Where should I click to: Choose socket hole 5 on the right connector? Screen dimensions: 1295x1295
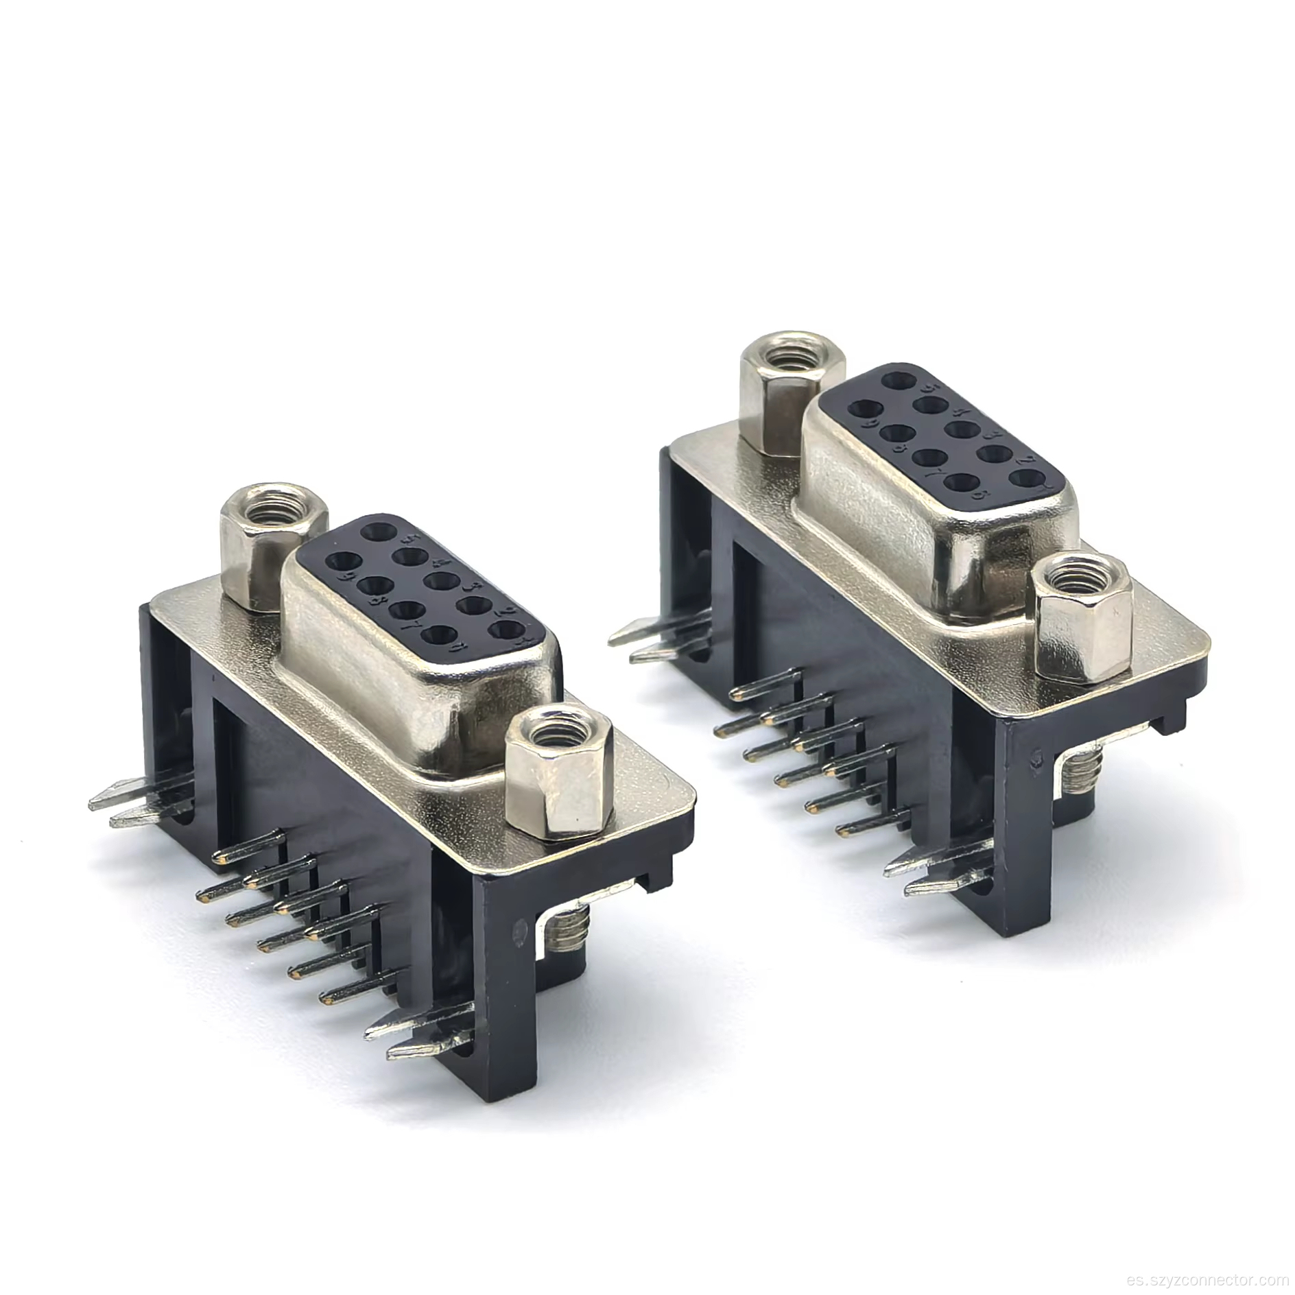click(897, 378)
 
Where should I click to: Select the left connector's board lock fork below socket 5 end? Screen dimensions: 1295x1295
click(130, 803)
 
